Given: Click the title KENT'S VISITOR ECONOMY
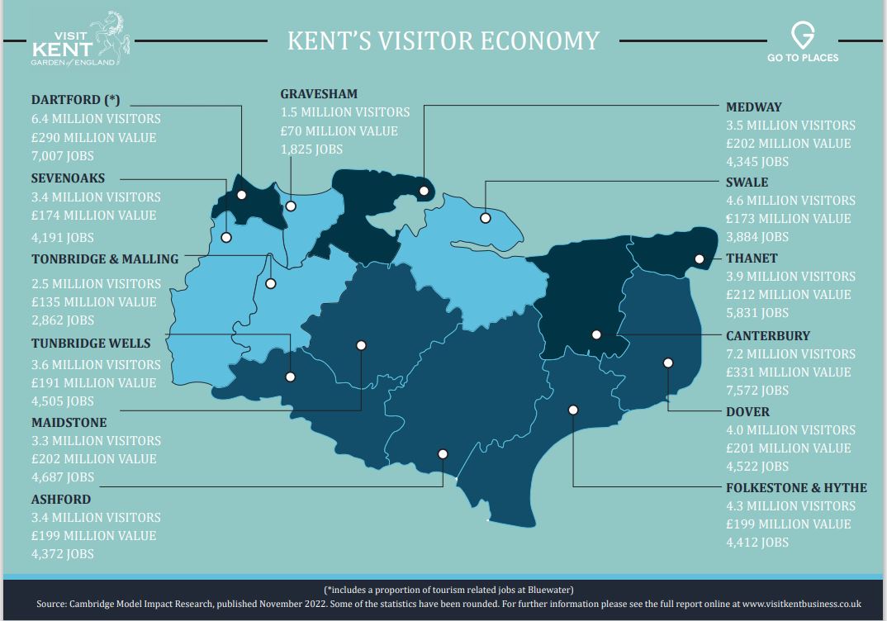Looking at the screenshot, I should pos(443,40).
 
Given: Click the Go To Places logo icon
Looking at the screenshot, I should pos(802,36).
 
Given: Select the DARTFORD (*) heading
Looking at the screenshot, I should pos(76,100).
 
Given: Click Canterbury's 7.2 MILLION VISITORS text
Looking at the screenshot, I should pos(790,354).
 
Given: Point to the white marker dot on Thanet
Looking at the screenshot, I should pos(700,258).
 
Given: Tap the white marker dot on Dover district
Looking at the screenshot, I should pos(668,363).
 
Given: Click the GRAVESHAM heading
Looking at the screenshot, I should pos(319,94).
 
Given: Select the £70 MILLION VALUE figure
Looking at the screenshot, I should pos(339,131).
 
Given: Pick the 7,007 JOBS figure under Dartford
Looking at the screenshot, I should pos(63,156).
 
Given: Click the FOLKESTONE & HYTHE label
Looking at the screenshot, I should pos(796,488).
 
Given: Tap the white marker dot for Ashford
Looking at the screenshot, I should pos(443,453).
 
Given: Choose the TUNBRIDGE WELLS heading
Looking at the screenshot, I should pos(91,344).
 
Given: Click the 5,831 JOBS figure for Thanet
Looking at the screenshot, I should pos(757,313).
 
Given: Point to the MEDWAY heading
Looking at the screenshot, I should pos(753,107).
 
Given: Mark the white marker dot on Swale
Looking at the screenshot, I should pos(486,218).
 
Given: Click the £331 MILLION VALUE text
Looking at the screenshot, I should pos(788,372).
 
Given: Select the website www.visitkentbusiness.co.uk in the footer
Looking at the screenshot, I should pos(801,604).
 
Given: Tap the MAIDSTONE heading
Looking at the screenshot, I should pos(69,423).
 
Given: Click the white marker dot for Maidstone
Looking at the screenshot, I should pos(361,345).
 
